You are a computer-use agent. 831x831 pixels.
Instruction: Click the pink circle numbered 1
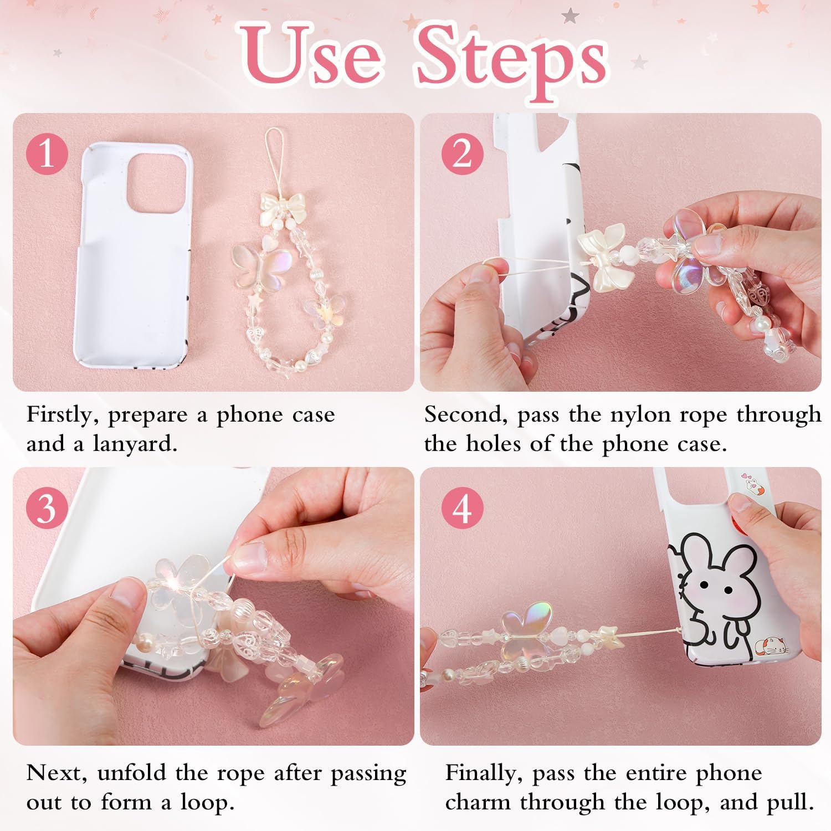(47, 153)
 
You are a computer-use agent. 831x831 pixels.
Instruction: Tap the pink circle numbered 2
(462, 153)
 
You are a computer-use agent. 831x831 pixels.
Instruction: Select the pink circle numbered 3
(47, 507)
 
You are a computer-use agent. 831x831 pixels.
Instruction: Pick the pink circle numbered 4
(462, 507)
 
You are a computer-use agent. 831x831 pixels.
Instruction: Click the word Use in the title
(310, 58)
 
